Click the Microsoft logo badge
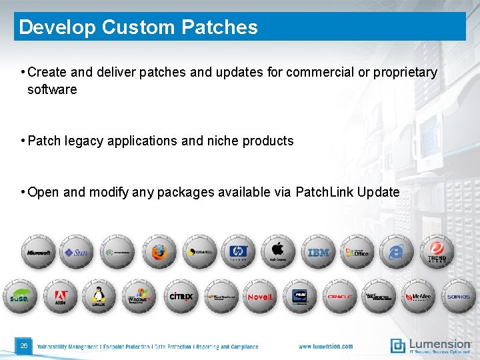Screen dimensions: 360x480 39,252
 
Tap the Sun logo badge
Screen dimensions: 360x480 77,252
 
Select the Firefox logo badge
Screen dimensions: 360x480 159,252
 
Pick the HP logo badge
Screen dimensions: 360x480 238,252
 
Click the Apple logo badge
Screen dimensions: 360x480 277,252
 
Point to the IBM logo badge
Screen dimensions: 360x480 319,252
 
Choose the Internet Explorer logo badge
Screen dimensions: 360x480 397,252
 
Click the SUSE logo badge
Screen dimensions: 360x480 20,297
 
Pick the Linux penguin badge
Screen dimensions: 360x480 99,297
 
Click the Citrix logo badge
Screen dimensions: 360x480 180,297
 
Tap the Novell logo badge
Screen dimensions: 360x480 259,297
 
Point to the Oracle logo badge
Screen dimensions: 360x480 339,297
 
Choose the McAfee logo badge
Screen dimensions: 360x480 419,297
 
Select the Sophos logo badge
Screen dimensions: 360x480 458,297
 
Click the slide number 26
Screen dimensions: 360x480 24,345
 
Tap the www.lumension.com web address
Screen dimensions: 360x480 325,347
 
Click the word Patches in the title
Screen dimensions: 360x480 219,27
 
